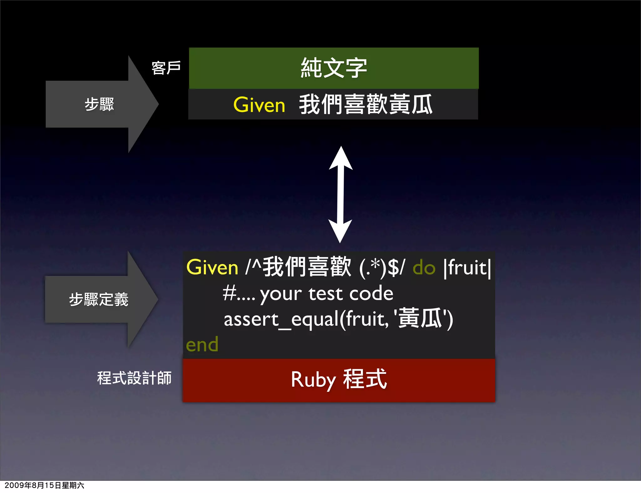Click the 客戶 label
coord(166,68)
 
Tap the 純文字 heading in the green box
coord(334,68)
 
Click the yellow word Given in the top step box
coord(259,105)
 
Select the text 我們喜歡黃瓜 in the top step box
coord(366,105)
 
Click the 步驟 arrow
coord(99,104)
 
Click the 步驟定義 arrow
coord(99,299)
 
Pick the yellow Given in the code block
coord(212,268)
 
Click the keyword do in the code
coord(424,268)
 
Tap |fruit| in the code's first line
coord(467,268)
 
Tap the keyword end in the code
coord(202,345)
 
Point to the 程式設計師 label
coord(134,378)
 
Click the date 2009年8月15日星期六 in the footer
coord(44,485)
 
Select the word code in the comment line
coord(371,294)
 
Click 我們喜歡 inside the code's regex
coord(307,267)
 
